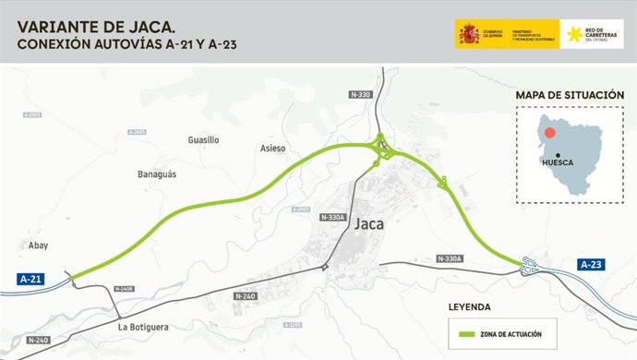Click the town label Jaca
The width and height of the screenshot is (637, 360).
click(368, 223)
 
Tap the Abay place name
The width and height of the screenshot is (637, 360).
click(38, 246)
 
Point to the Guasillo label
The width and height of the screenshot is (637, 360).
click(203, 140)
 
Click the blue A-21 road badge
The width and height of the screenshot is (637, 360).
click(32, 278)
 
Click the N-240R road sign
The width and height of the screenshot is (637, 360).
click(125, 289)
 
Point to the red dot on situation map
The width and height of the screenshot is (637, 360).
click(549, 132)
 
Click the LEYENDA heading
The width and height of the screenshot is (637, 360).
click(470, 306)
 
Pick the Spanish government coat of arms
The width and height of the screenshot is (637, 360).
click(468, 34)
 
